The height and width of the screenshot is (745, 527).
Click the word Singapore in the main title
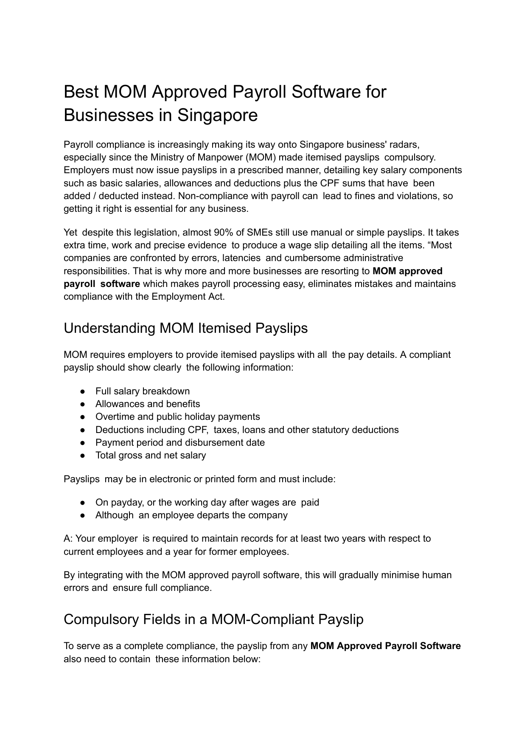[217, 115]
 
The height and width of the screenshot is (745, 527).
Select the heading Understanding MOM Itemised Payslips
[185, 328]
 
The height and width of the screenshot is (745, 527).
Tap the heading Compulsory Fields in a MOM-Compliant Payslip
[213, 619]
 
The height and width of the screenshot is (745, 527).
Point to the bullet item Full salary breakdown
[143, 391]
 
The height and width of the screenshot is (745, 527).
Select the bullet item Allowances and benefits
[148, 404]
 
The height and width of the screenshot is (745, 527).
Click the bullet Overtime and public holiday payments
[177, 417]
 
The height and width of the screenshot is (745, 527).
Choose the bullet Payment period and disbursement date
[180, 443]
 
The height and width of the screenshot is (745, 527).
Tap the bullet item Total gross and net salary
[151, 455]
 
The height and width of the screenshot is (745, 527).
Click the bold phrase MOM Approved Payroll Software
[385, 646]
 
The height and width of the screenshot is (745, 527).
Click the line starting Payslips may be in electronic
[199, 479]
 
